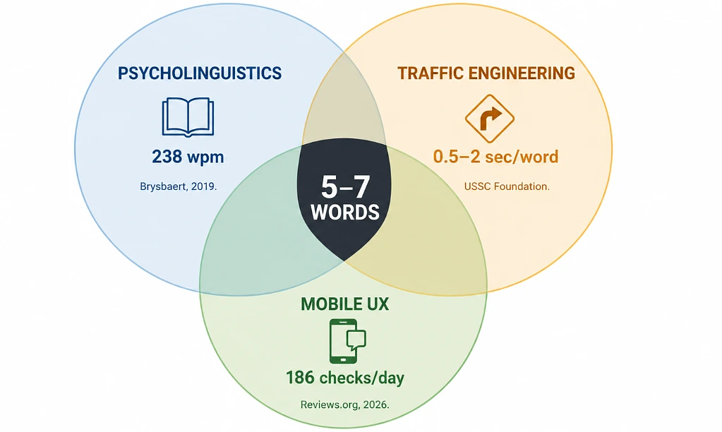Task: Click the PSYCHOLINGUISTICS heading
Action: (x=199, y=73)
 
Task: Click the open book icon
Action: (x=188, y=117)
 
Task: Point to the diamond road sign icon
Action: (x=490, y=119)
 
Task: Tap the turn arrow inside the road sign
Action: (x=491, y=119)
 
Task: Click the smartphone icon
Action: (x=343, y=341)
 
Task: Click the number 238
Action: (x=167, y=157)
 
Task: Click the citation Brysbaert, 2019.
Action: (x=178, y=186)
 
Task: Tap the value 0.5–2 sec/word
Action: (x=496, y=157)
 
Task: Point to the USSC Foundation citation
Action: (x=507, y=186)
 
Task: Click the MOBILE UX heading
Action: (x=345, y=304)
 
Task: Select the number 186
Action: (x=301, y=378)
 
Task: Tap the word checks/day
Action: (x=362, y=378)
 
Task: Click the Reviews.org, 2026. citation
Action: (x=345, y=405)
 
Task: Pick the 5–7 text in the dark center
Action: (x=345, y=187)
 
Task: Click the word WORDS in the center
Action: (x=345, y=212)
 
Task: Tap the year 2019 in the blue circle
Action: (x=203, y=186)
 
